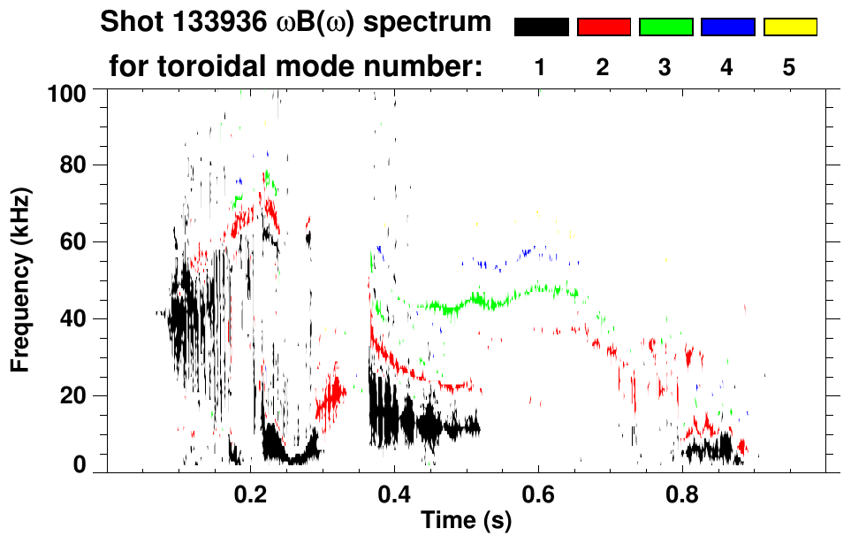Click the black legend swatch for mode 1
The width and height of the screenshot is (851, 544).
coord(541,27)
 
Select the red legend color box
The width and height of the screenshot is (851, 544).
coord(604,27)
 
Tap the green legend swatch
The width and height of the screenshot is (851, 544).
coord(665,27)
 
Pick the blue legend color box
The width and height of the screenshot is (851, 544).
coord(727,27)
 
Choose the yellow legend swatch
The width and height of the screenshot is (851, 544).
coord(790,27)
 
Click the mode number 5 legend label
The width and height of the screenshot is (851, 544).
coord(789,68)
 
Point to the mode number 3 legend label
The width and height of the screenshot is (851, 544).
coord(665,68)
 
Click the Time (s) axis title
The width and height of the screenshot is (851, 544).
coord(465,522)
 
